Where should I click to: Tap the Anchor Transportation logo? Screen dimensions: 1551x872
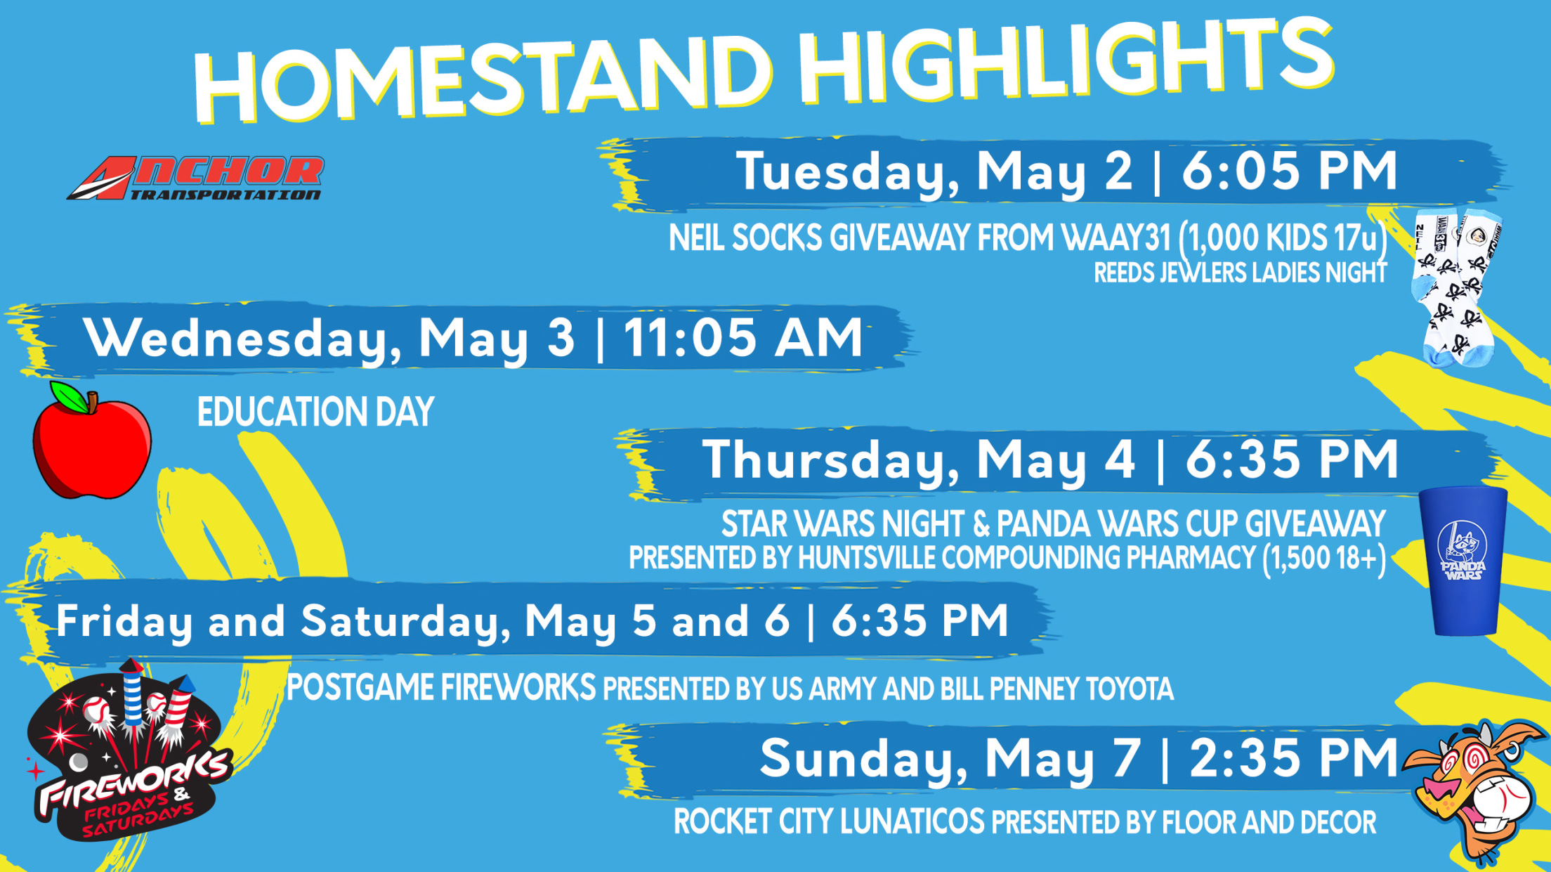196,178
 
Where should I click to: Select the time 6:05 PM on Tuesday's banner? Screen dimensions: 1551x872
1290,171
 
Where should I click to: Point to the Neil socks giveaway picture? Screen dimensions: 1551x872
1457,287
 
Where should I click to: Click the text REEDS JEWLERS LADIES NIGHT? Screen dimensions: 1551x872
1241,273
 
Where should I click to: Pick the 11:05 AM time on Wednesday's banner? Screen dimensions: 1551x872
743,338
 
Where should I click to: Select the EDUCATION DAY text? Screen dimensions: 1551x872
315,412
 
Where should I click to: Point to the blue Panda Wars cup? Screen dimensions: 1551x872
1463,561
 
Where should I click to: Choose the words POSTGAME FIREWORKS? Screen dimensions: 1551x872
441,687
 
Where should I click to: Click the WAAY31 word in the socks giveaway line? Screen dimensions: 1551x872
1116,238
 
